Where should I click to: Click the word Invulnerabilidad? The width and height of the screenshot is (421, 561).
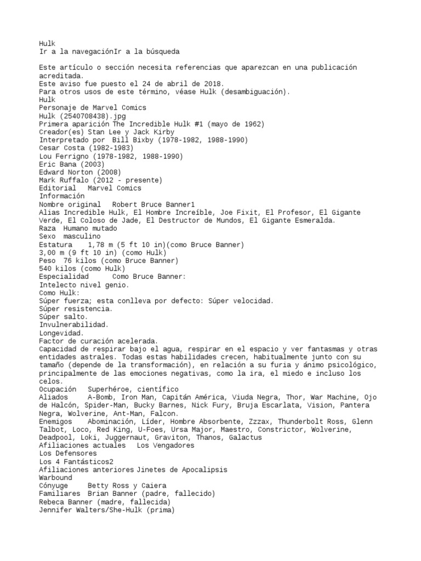tap(74, 325)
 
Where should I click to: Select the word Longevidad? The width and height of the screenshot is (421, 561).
tap(61, 333)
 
